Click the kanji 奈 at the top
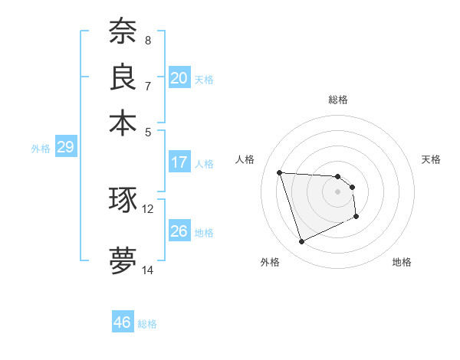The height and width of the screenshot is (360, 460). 123,31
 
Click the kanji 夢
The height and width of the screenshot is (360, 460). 123,259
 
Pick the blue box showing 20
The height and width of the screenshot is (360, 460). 179,78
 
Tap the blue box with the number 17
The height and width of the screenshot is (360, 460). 179,162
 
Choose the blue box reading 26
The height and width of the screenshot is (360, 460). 179,231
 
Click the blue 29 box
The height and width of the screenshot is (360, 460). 65,147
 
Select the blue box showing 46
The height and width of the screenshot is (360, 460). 122,322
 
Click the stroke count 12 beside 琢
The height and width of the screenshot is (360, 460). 148,208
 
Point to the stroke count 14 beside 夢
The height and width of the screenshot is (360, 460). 148,270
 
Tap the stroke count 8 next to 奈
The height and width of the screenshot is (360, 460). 148,40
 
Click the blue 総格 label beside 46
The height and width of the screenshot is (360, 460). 147,324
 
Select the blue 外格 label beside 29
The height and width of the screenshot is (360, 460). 40,149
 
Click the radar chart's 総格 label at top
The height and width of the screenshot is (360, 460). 337,100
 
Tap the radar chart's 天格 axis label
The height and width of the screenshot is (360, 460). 431,159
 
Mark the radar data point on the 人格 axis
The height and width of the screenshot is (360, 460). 279,172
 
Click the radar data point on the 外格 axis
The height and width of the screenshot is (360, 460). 301,242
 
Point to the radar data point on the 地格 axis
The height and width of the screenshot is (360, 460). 357,217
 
